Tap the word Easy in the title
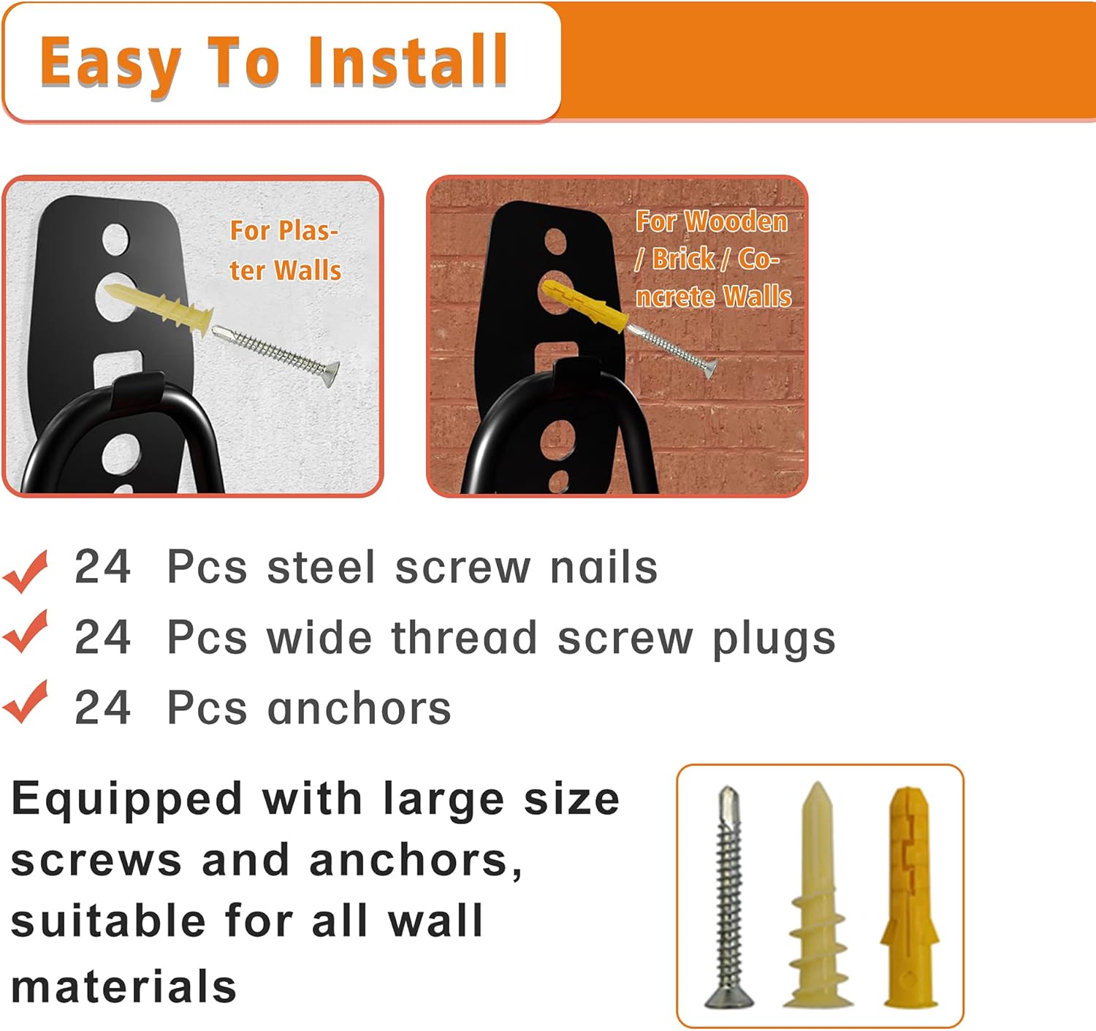[110, 64]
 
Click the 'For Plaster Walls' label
[285, 250]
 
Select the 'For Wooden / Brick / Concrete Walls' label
[712, 259]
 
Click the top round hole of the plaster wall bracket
[116, 240]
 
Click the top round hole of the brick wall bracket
[556, 242]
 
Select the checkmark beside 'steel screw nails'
[26, 569]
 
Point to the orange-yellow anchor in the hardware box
[909, 897]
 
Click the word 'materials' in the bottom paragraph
[124, 986]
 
